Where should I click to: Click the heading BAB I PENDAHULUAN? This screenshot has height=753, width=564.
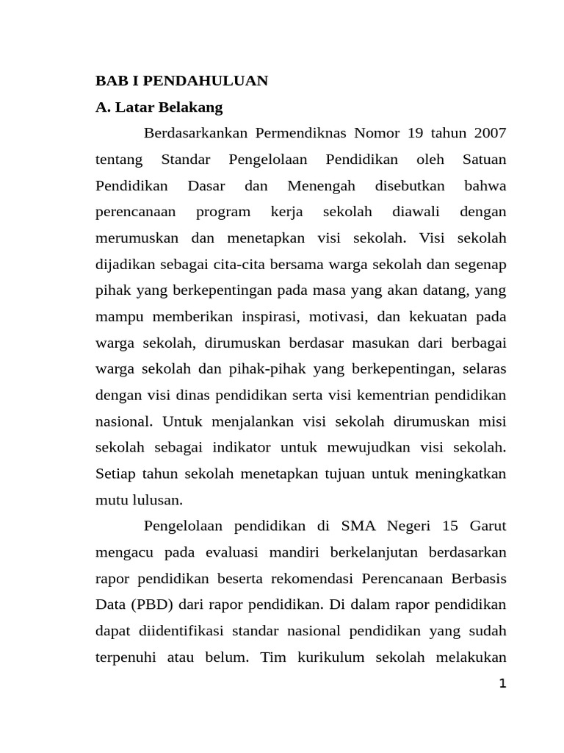click(x=182, y=81)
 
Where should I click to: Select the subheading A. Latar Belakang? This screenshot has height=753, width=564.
click(x=159, y=107)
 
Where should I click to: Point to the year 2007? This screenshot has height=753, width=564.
click(x=490, y=133)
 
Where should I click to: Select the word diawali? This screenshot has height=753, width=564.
click(x=416, y=212)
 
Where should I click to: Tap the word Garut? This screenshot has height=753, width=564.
click(x=488, y=527)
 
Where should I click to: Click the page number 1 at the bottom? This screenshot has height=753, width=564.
click(x=502, y=684)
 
